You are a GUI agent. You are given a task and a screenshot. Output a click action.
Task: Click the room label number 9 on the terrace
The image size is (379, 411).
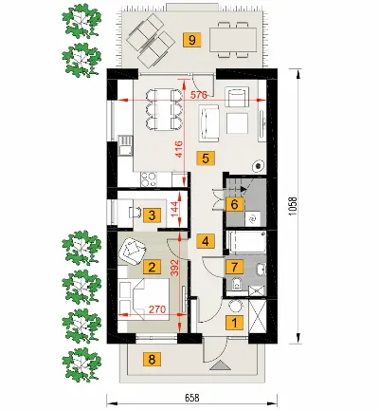tap(192, 40)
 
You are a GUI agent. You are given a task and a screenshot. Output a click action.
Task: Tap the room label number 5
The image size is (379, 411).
tap(206, 158)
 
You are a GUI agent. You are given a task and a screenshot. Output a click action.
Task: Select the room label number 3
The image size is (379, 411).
tap(152, 215)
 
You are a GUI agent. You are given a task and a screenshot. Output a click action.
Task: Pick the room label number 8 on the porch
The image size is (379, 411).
tap(152, 360)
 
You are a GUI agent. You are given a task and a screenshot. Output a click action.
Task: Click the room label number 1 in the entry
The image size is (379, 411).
tap(234, 323)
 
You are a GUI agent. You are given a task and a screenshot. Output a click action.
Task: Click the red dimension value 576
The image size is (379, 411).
tap(200, 95)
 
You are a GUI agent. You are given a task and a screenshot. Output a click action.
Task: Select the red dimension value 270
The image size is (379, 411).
tap(157, 309)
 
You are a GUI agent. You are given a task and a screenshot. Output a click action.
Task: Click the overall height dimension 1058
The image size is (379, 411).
tap(293, 207)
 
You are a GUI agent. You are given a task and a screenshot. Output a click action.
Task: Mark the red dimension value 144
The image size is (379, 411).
tap(174, 209)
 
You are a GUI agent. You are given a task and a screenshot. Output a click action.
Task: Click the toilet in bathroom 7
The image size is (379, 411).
tap(236, 284)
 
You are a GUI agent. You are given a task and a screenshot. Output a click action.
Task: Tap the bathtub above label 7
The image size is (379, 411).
tap(246, 242)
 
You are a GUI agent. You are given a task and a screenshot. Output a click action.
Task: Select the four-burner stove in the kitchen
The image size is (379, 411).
tap(149, 179)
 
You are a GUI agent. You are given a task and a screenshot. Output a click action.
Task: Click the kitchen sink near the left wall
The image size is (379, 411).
tap(125, 145)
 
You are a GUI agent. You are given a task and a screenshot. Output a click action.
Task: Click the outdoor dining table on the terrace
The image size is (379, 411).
tap(233, 40)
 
